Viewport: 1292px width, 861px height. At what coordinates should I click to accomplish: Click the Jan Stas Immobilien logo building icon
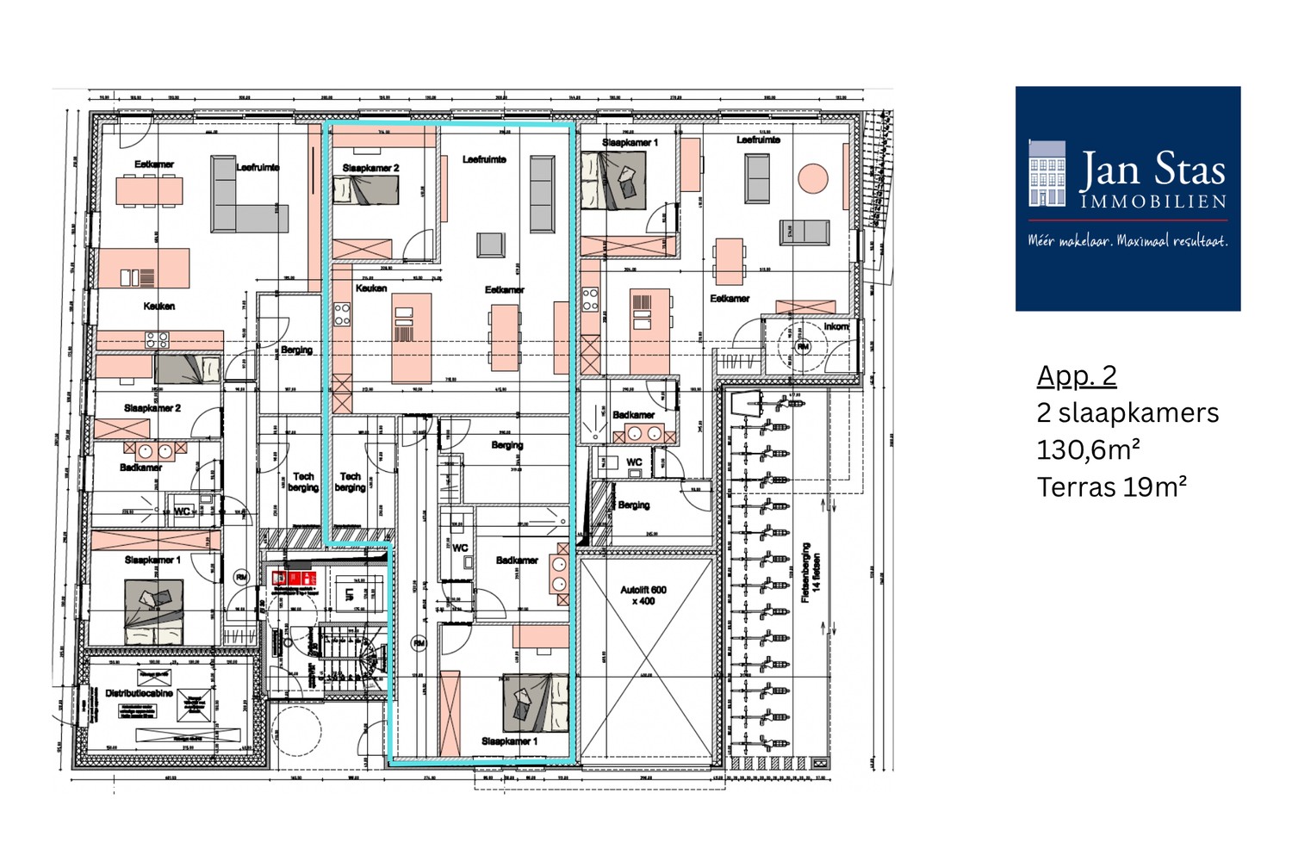(1047, 174)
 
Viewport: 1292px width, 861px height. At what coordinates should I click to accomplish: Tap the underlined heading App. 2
(1077, 375)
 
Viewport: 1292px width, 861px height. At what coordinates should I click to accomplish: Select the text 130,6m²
(1088, 449)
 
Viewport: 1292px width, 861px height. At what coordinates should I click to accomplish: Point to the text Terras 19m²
(1111, 487)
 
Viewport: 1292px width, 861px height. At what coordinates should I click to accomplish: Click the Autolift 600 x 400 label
(643, 595)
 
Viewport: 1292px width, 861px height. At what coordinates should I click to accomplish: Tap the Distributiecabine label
(139, 692)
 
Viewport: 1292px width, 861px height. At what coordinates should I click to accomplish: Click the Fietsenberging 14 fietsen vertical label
(811, 573)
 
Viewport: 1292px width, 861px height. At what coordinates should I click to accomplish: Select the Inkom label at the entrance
(835, 326)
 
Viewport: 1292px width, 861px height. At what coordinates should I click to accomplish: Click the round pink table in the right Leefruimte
(812, 179)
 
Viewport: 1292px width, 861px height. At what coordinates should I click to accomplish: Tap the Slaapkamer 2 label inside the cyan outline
(370, 168)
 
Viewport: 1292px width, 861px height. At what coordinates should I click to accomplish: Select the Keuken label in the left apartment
(158, 306)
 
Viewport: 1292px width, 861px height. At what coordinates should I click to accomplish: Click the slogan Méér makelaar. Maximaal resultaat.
(1127, 241)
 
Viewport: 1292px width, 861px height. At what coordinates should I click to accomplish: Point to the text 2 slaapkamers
(1127, 412)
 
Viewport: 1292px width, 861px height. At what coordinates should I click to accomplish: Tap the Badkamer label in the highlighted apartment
(517, 560)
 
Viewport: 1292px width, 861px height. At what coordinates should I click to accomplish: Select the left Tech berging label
(303, 481)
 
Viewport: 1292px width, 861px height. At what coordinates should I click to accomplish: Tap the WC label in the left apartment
(182, 511)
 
